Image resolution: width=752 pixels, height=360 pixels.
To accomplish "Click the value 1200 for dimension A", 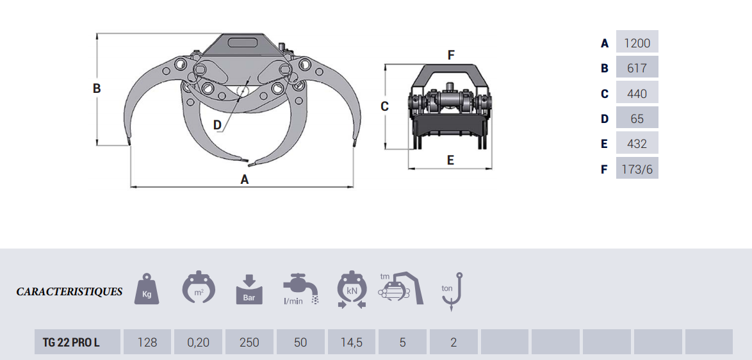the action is [637, 43].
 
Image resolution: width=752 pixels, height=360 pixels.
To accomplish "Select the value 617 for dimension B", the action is [637, 69].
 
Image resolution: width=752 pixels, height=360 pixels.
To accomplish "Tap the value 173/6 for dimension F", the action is [637, 169].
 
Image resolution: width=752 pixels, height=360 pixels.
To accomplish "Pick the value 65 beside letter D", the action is [637, 119].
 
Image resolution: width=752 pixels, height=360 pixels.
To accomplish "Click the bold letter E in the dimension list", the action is [604, 144].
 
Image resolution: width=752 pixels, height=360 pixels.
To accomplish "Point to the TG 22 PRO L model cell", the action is [71, 342].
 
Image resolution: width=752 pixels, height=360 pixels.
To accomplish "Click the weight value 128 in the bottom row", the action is [147, 342].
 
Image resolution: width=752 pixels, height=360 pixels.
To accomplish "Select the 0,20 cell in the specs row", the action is [198, 342].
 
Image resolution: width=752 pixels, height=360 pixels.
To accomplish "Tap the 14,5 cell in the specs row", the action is [352, 342].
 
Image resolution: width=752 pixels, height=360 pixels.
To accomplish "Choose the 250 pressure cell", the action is [249, 342].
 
